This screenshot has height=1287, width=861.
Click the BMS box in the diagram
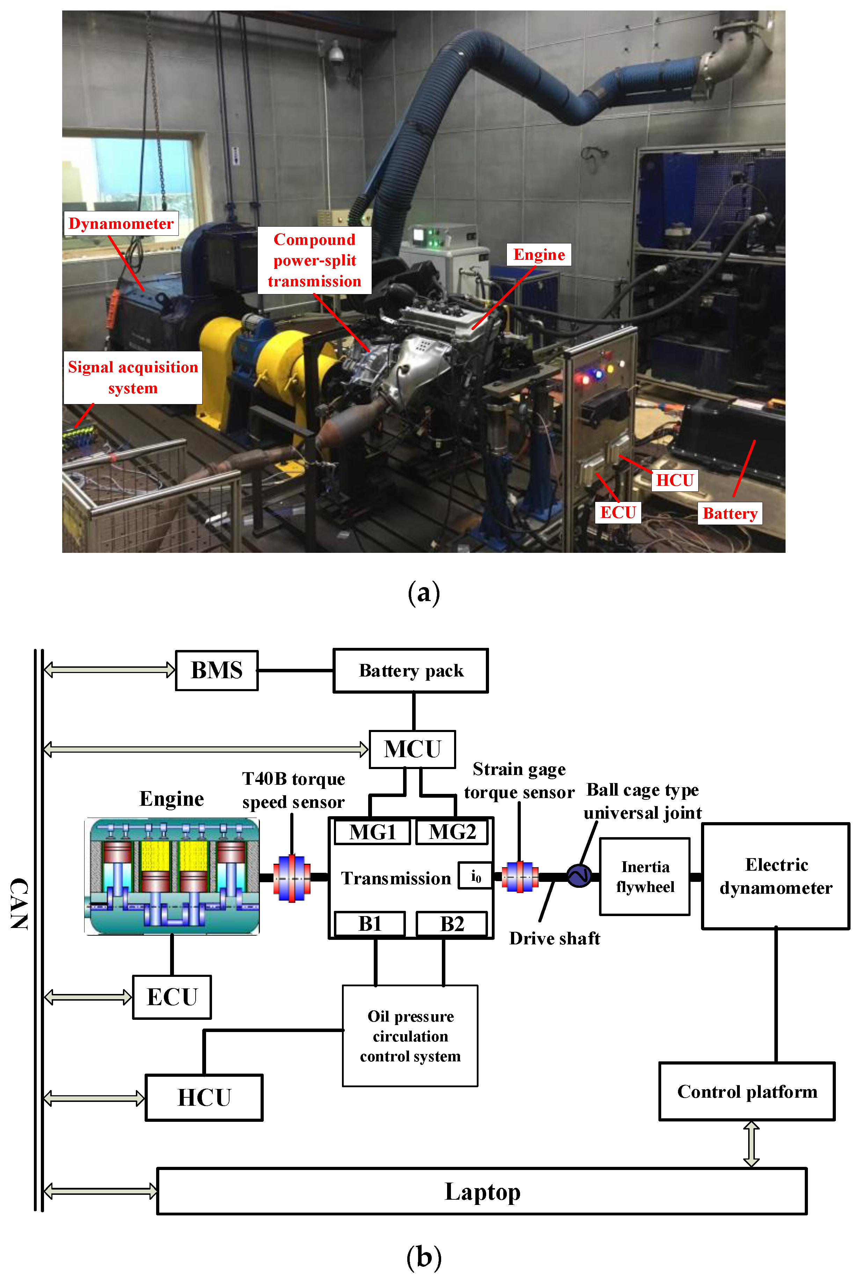pos(216,671)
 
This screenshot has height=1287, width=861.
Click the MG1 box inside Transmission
pos(372,832)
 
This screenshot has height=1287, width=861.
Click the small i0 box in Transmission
pos(475,876)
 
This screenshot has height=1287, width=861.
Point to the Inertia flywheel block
pos(645,876)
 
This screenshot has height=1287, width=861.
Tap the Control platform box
pos(747,1091)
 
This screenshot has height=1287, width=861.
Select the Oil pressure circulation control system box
pos(410,1036)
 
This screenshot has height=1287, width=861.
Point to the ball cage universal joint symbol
pos(579,875)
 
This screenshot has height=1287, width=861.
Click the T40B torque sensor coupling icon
pos(292,877)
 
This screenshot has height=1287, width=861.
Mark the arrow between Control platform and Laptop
pos(751,1144)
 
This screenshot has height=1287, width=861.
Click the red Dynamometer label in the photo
pos(121,224)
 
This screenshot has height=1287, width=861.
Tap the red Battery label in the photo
pos(730,513)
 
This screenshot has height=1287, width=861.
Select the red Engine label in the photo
pos(539,255)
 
